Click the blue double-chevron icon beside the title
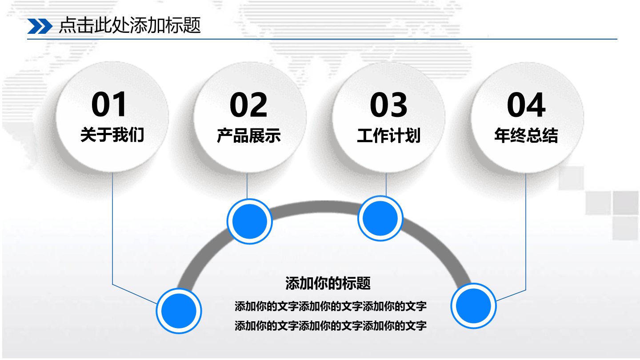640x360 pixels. click(40, 26)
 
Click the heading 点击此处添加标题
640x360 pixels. click(130, 25)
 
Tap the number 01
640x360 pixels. click(109, 104)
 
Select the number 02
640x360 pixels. click(248, 105)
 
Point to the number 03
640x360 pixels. click(388, 105)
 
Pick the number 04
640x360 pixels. click(526, 105)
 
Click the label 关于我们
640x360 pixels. click(112, 135)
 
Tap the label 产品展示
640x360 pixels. click(248, 136)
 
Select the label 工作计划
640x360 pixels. click(388, 136)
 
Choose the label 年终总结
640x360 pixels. click(526, 136)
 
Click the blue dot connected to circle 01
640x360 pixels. click(179, 311)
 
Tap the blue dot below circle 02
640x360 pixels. click(249, 221)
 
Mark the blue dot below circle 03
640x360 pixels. click(380, 218)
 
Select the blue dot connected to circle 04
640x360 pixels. click(473, 306)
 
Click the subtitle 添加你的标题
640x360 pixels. click(328, 283)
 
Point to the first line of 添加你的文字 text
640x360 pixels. click(331, 306)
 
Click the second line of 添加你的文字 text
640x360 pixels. click(331, 325)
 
